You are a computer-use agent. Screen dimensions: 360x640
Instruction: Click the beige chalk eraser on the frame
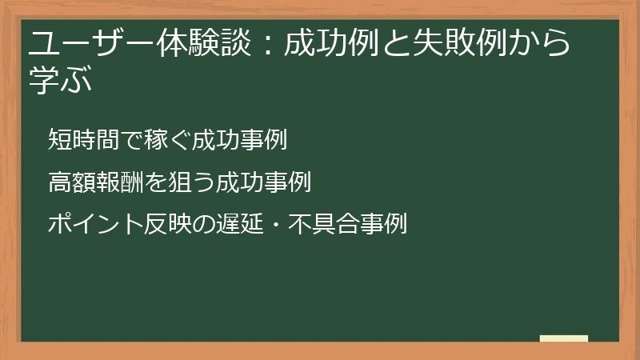click(564, 338)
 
